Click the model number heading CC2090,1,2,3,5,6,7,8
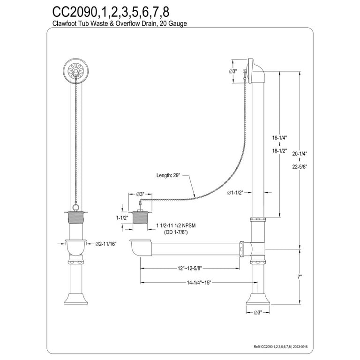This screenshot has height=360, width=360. [111, 12]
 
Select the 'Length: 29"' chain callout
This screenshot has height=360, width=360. [168, 175]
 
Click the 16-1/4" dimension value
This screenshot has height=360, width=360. [280, 138]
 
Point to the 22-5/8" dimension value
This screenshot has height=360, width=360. [300, 167]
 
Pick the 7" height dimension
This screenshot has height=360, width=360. [300, 277]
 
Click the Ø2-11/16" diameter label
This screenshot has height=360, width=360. [106, 244]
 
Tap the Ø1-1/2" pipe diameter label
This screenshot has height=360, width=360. [235, 193]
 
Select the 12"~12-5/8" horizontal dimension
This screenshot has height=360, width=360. [190, 268]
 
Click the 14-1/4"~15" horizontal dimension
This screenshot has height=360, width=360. [199, 283]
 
